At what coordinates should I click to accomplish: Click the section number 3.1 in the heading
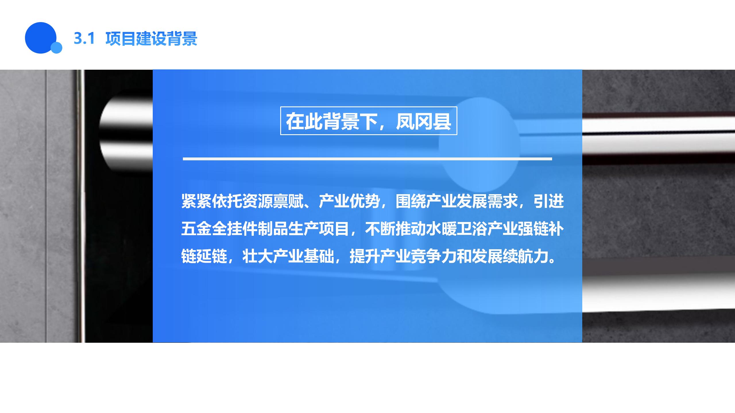pyautogui.click(x=84, y=38)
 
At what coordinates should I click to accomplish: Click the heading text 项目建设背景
pyautogui.click(x=151, y=38)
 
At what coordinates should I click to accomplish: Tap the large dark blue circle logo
pyautogui.click(x=40, y=38)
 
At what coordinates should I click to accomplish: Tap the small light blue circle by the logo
pyautogui.click(x=56, y=48)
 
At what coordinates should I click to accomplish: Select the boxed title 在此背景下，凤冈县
pyautogui.click(x=368, y=121)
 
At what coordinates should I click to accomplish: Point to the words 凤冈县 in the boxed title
pyautogui.click(x=423, y=121)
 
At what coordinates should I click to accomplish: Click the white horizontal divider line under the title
pyautogui.click(x=367, y=159)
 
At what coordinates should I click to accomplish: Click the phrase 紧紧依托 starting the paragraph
pyautogui.click(x=212, y=201)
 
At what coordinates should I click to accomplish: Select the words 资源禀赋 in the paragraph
pyautogui.click(x=273, y=201)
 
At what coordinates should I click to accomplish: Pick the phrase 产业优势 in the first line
pyautogui.click(x=349, y=201)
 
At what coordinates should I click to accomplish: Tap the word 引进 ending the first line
pyautogui.click(x=549, y=201)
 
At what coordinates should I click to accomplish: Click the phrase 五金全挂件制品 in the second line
pyautogui.click(x=235, y=229)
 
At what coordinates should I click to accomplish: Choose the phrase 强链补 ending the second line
pyautogui.click(x=541, y=229)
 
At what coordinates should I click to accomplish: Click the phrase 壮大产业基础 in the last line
pyautogui.click(x=288, y=256)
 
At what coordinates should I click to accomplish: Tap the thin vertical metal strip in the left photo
pyautogui.click(x=80, y=206)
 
